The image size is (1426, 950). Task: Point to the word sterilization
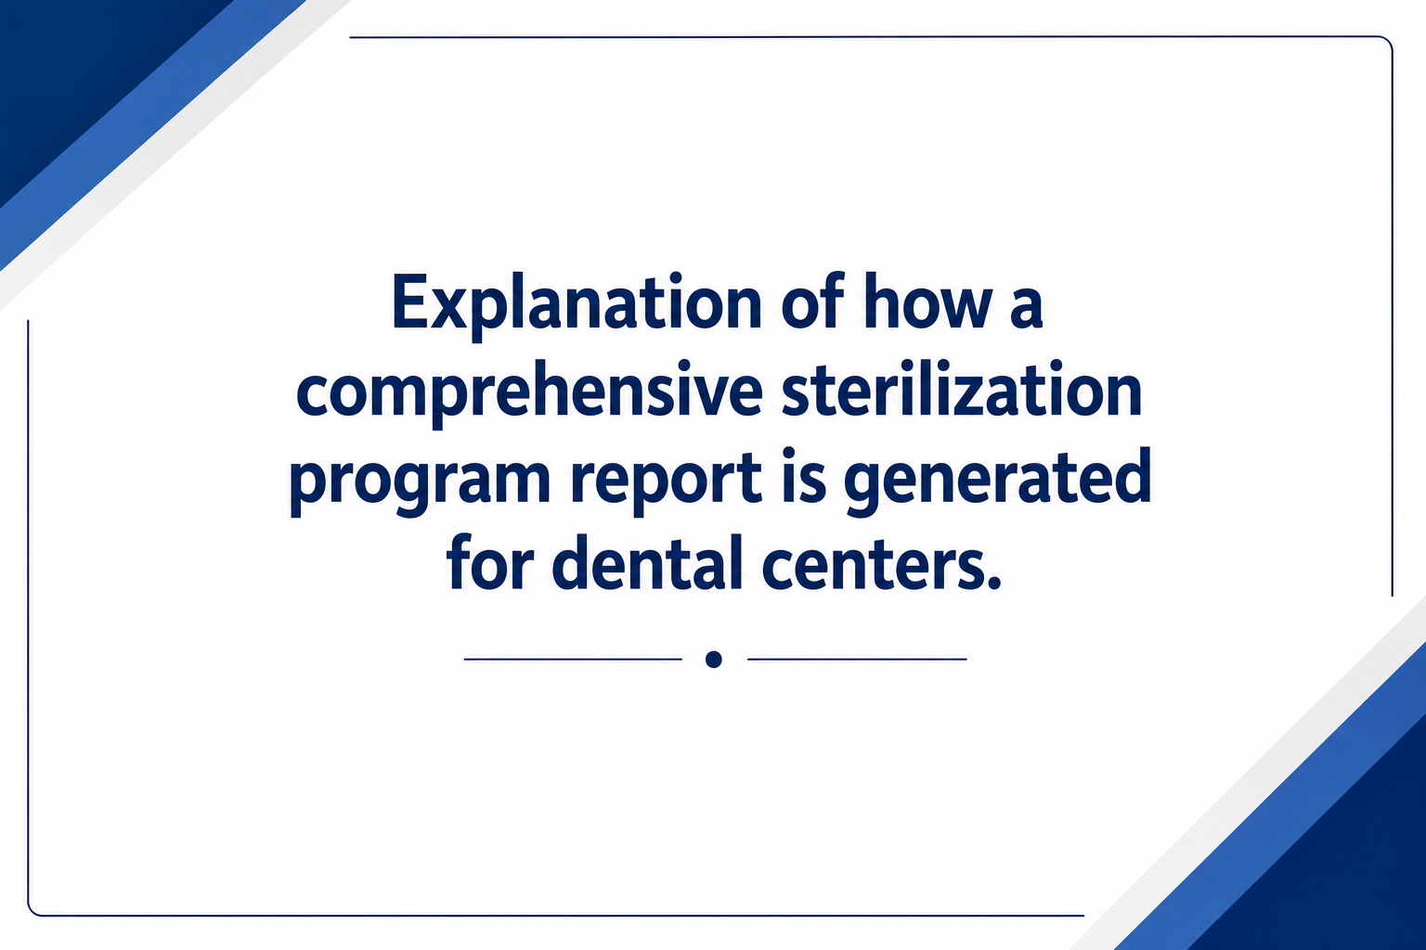(961, 388)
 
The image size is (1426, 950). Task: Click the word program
(421, 483)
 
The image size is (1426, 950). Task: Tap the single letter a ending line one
(1025, 309)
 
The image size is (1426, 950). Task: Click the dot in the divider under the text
(714, 660)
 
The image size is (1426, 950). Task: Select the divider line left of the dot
(573, 660)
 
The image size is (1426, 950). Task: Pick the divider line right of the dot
(858, 660)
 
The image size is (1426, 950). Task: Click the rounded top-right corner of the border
(1386, 43)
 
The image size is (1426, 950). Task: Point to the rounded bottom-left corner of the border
(33, 910)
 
